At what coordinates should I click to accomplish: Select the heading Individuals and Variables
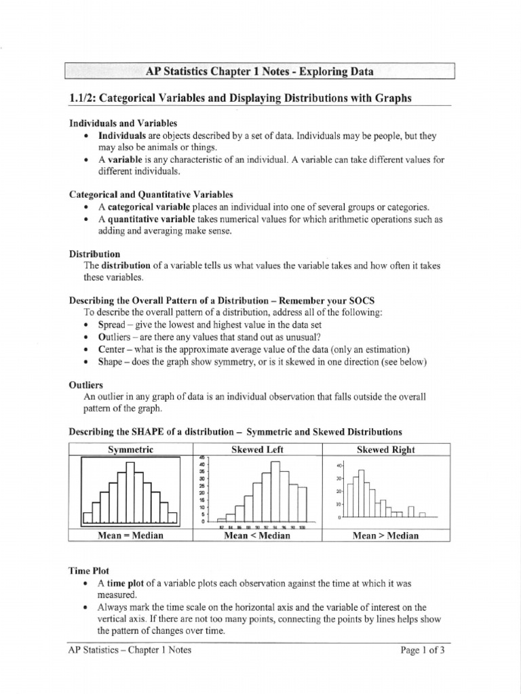[123, 123]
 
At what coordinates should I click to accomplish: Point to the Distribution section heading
[94, 253]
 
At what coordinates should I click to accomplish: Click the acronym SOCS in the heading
[361, 300]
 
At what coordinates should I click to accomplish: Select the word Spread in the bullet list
[113, 325]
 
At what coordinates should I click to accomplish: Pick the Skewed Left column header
[257, 449]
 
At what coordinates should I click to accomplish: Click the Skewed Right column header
[385, 449]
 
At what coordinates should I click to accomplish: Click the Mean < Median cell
[257, 535]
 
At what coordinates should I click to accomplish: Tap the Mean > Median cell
[385, 535]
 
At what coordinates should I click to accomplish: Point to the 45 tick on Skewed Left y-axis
[201, 458]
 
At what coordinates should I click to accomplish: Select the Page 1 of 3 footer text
[423, 650]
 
